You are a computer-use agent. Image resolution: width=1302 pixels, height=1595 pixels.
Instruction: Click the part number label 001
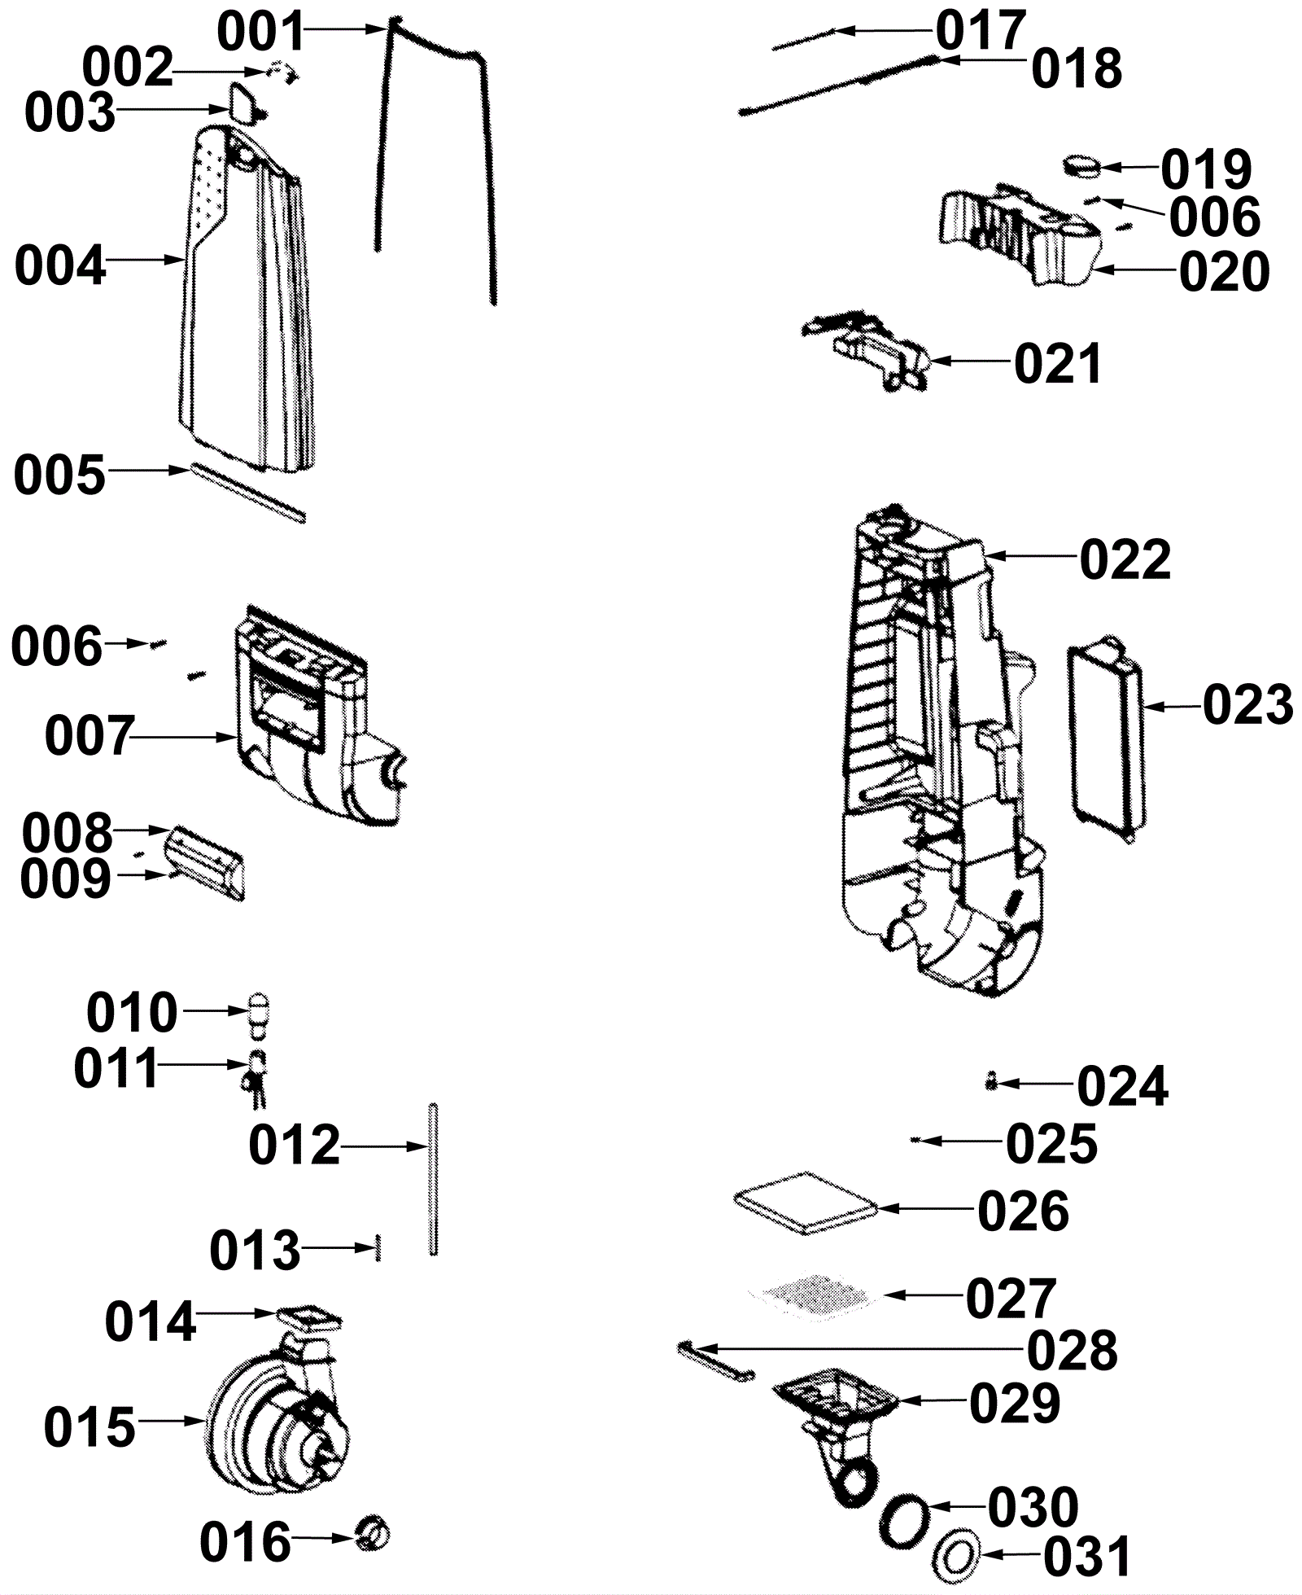point(260,33)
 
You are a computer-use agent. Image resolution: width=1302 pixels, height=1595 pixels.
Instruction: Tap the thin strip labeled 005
point(247,493)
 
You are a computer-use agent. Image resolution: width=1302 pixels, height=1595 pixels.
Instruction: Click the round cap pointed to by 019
point(1081,165)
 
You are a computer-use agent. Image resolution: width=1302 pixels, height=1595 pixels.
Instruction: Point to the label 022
point(1125,559)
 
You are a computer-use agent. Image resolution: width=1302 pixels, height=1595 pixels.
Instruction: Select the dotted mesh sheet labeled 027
point(814,1294)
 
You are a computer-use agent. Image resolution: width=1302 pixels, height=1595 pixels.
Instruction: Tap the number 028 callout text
point(1073,1351)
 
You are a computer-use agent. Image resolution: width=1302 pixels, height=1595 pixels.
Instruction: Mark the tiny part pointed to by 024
point(990,1081)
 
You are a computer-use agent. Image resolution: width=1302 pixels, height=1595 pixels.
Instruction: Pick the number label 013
point(255,1250)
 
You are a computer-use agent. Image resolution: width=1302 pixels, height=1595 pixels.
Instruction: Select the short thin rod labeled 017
point(803,40)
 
